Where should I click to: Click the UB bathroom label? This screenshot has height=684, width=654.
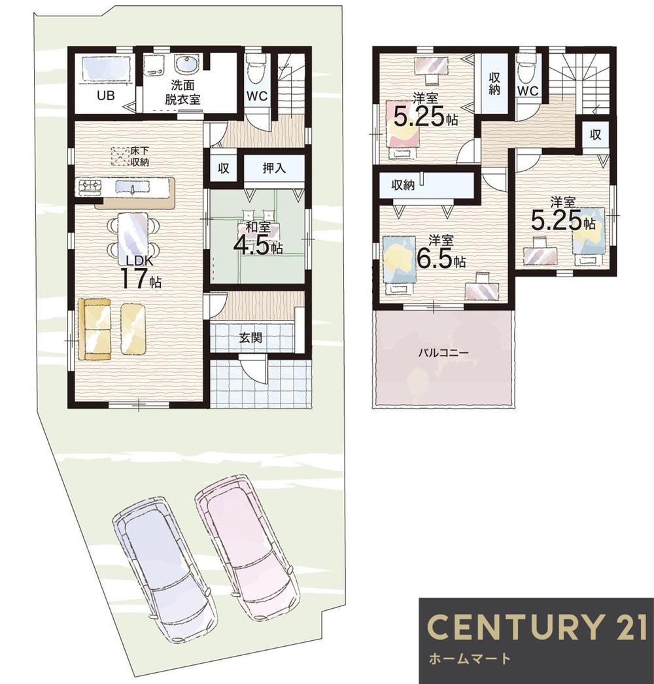click(105, 95)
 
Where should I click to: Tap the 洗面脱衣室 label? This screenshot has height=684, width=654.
click(183, 92)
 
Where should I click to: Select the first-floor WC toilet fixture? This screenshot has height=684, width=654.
click(255, 70)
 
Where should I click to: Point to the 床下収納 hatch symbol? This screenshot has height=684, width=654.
click(118, 156)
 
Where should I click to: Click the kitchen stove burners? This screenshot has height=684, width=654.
click(90, 187)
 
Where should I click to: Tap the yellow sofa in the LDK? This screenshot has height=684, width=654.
click(94, 330)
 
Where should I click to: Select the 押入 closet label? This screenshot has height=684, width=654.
click(274, 168)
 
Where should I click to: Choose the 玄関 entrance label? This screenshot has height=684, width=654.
click(250, 337)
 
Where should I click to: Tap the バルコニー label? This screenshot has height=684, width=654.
click(443, 352)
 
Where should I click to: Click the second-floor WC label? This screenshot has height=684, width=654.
click(528, 91)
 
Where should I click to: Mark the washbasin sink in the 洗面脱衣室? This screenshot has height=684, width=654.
click(187, 65)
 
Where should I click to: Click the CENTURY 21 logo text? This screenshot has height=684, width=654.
click(536, 626)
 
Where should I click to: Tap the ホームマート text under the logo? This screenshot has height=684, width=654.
click(470, 658)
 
